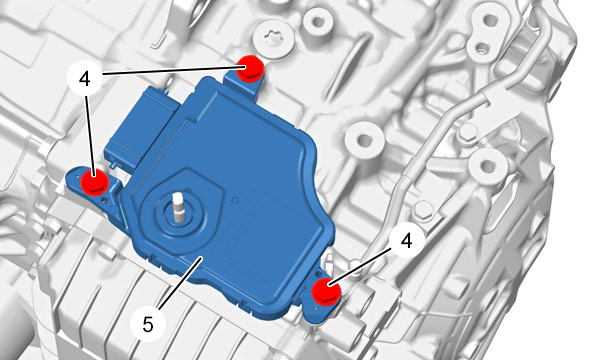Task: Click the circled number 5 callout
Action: pyautogui.click(x=148, y=324)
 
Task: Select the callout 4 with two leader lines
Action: pyautogui.click(x=85, y=79)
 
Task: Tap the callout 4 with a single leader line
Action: pyautogui.click(x=407, y=240)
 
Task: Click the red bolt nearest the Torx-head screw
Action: pyautogui.click(x=251, y=68)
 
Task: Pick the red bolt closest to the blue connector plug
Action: pyautogui.click(x=94, y=182)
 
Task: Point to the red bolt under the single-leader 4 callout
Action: pyautogui.click(x=326, y=291)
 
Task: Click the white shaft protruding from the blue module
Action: pyautogui.click(x=178, y=206)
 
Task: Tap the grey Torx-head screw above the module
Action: pyautogui.click(x=273, y=41)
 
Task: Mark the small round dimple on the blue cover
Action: pyautogui.click(x=235, y=200)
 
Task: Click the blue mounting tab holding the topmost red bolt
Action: pyautogui.click(x=245, y=81)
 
